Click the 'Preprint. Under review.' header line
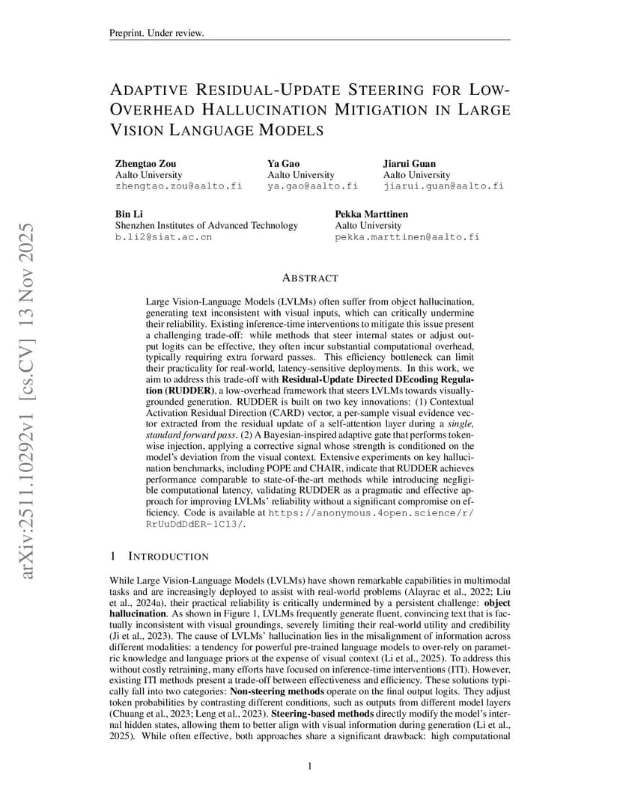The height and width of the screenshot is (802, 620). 156,34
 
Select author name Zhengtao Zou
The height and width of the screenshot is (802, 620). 148,164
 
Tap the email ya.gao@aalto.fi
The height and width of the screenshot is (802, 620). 312,186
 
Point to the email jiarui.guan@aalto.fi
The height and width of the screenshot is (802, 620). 443,186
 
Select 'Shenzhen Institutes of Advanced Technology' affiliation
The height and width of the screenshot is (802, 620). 206,225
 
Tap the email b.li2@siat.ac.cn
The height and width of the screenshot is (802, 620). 163,236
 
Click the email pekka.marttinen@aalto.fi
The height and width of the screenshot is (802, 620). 407,236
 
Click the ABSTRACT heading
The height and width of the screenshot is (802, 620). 310,278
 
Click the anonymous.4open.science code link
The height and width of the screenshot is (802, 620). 371,514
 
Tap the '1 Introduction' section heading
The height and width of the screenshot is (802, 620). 159,557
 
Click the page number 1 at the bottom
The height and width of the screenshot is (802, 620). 310,766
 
